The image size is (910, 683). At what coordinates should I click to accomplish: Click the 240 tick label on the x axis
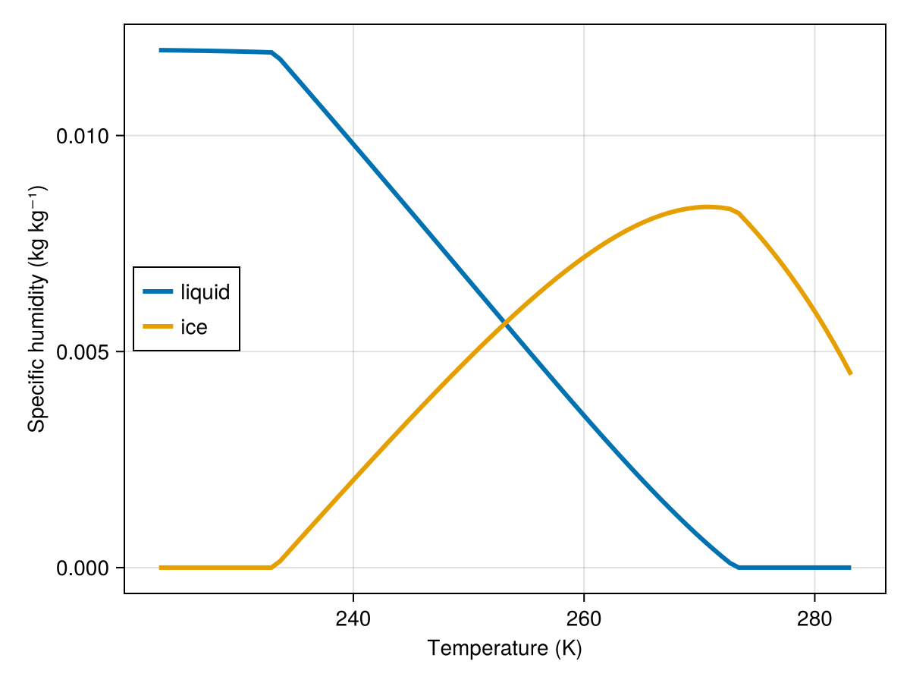353,618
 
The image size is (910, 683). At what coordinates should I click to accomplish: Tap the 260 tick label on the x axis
583,618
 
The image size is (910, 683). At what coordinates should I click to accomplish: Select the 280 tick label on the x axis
814,618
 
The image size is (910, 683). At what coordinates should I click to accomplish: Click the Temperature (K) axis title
504,648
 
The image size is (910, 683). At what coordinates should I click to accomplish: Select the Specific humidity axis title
36,309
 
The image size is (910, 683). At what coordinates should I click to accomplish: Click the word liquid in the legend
205,291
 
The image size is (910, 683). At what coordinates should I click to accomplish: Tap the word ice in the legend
193,327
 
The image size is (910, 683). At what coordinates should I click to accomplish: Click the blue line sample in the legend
158,291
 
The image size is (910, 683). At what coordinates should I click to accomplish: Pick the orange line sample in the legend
158,327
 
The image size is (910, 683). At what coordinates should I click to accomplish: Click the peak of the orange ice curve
707,206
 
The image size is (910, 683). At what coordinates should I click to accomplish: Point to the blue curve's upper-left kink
272,53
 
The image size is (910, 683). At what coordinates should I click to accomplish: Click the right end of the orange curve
851,373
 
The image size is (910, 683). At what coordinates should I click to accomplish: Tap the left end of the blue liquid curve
160,50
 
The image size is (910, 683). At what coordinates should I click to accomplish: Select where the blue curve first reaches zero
738,567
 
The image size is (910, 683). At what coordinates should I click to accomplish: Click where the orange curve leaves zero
272,567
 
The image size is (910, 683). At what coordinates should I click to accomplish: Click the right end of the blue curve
851,568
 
